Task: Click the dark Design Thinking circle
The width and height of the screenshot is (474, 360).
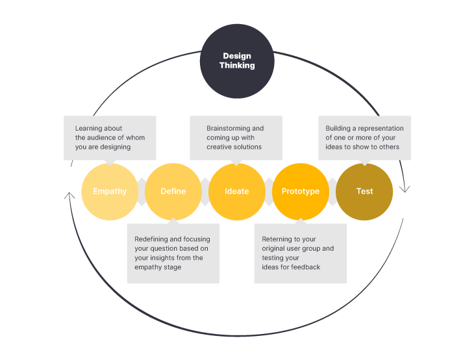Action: pyautogui.click(x=236, y=60)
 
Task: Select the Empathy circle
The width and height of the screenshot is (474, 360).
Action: pyautogui.click(x=110, y=192)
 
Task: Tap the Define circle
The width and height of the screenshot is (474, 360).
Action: pyautogui.click(x=173, y=192)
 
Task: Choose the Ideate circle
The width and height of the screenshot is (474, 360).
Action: pyautogui.click(x=237, y=192)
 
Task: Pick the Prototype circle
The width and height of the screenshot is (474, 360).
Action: pyautogui.click(x=301, y=192)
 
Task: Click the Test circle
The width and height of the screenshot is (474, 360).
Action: pyautogui.click(x=364, y=192)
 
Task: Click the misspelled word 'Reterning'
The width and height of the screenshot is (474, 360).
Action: pyautogui.click(x=277, y=239)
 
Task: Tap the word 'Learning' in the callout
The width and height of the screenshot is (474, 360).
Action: pyautogui.click(x=89, y=129)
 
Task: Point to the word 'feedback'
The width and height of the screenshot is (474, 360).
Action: pyautogui.click(x=306, y=267)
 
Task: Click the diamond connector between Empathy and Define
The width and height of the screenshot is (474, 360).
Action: pyautogui.click(x=142, y=192)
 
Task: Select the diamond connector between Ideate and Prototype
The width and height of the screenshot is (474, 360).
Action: pyautogui.click(x=269, y=192)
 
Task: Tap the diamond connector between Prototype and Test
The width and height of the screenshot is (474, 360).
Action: pyautogui.click(x=332, y=192)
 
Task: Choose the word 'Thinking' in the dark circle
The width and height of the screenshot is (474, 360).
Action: pyautogui.click(x=236, y=66)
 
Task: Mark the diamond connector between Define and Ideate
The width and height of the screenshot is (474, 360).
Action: pyautogui.click(x=205, y=192)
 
